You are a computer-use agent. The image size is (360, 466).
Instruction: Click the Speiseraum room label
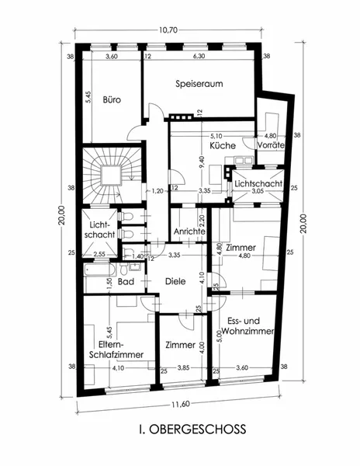pyautogui.click(x=199, y=84)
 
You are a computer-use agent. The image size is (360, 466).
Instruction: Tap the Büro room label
pyautogui.click(x=112, y=99)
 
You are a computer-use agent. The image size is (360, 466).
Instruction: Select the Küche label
pyautogui.click(x=223, y=146)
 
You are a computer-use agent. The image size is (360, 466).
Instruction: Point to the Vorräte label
pyautogui.click(x=271, y=145)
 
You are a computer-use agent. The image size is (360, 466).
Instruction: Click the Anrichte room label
pyautogui.click(x=189, y=231)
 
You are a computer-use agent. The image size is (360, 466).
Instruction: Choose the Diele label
pyautogui.click(x=175, y=281)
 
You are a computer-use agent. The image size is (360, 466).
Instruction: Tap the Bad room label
pyautogui.click(x=126, y=281)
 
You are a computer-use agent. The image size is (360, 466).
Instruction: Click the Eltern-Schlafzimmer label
pyautogui.click(x=116, y=349)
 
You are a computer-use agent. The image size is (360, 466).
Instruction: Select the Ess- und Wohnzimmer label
pyautogui.click(x=247, y=326)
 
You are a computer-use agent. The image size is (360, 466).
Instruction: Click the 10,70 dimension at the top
pyautogui.click(x=168, y=30)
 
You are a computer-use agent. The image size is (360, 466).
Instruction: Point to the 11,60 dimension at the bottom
pyautogui.click(x=180, y=404)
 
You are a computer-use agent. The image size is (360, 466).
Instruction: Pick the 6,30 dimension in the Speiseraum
pyautogui.click(x=199, y=56)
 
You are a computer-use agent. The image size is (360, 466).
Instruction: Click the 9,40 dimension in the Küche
pyautogui.click(x=202, y=162)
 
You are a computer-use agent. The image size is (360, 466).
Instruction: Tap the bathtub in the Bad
pyautogui.click(x=99, y=270)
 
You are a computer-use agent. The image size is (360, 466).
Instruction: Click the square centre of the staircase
pyautogui.click(x=111, y=176)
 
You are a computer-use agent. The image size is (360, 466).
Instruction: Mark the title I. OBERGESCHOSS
pyautogui.click(x=192, y=429)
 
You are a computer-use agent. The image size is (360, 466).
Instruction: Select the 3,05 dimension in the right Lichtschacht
pyautogui.click(x=258, y=191)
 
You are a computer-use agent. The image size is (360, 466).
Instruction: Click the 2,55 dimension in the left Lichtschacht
pyautogui.click(x=99, y=255)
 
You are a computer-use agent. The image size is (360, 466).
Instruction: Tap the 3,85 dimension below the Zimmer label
pyautogui.click(x=183, y=367)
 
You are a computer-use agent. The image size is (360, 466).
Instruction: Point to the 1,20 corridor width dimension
pyautogui.click(x=157, y=191)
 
